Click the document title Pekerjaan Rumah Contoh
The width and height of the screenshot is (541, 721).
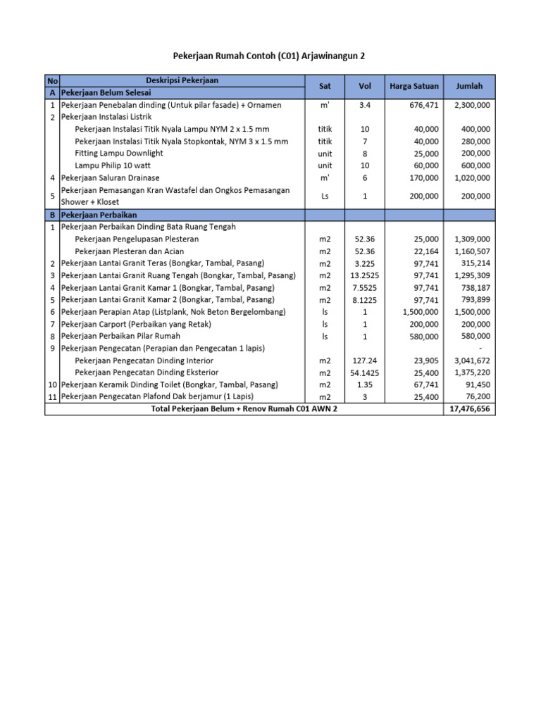(x=270, y=56)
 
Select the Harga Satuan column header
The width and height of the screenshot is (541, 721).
(x=413, y=87)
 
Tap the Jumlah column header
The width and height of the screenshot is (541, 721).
(x=469, y=87)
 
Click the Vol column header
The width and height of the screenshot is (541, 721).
(x=365, y=87)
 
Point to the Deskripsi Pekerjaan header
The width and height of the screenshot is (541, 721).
(x=182, y=80)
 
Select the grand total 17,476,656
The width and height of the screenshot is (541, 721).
(x=470, y=409)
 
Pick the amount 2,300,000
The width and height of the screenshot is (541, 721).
(x=473, y=106)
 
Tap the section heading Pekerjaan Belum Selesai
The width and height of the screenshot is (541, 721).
(x=108, y=92)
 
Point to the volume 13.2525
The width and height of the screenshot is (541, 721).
(x=365, y=276)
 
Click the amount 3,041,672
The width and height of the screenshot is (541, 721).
(x=473, y=360)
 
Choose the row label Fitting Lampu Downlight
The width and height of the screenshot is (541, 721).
(x=119, y=153)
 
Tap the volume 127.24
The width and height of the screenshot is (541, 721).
(x=365, y=360)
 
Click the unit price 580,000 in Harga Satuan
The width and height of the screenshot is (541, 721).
(x=423, y=337)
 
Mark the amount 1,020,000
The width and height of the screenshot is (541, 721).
(x=473, y=178)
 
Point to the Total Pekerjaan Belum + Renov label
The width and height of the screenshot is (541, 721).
(x=244, y=409)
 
